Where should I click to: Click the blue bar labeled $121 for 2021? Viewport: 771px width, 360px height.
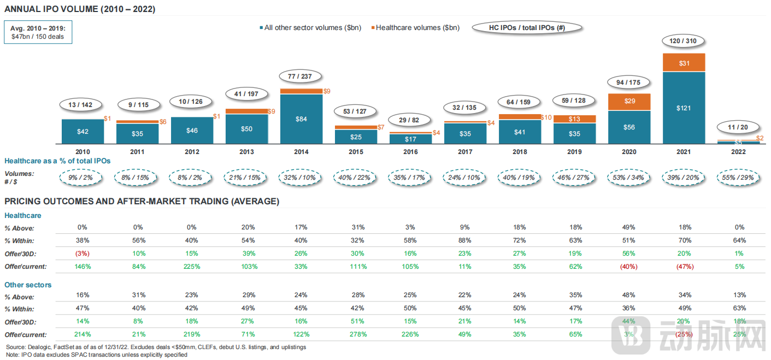684,108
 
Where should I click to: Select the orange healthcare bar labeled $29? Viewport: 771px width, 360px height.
629,102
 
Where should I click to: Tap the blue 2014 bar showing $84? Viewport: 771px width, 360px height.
301,119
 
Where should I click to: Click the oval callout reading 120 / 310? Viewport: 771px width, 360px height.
683,41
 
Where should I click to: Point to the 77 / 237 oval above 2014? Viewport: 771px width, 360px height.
300,76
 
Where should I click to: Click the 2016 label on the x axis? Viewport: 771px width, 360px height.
410,152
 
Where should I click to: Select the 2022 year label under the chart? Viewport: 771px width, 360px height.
738,152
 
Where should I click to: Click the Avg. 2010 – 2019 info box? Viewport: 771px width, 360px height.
38,32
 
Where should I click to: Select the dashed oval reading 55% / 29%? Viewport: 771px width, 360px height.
738,177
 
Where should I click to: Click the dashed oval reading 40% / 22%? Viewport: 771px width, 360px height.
356,177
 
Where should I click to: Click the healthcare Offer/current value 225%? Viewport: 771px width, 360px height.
192,267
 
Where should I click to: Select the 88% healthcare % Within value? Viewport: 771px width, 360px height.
465,240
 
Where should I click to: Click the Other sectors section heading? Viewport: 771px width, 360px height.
28,285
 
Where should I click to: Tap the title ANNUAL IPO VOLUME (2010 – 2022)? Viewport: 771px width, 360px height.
80,9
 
